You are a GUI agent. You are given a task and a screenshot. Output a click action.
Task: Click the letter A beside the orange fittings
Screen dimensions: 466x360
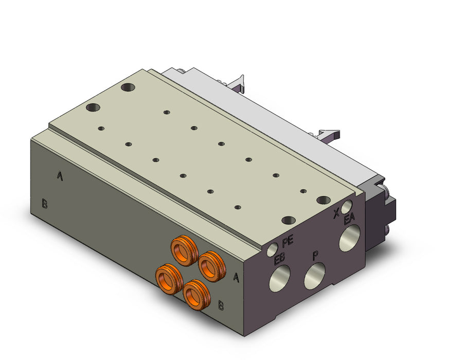tap(236, 277)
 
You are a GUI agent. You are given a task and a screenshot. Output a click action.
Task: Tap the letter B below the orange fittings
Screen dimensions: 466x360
tap(221, 305)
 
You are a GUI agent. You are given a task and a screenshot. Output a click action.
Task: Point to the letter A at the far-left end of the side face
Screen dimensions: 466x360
tap(60, 176)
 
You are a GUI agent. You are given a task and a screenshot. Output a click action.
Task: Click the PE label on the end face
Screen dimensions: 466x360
tap(288, 241)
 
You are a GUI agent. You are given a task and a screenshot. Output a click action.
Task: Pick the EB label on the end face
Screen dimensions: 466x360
tap(279, 259)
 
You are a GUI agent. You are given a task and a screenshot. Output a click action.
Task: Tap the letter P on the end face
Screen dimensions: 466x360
tap(316, 256)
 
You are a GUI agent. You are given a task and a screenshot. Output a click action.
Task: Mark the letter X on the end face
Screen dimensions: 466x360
tap(336, 213)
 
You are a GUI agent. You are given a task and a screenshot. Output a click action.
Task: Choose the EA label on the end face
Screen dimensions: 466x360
tap(350, 220)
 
